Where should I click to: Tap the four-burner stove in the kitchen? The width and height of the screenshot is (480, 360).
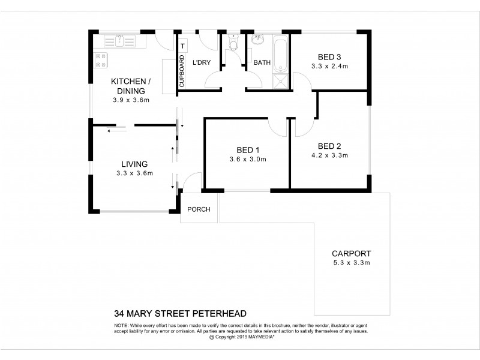click(100, 61)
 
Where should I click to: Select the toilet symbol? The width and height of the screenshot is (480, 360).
click(234, 44)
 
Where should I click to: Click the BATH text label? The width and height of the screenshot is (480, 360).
click(262, 62)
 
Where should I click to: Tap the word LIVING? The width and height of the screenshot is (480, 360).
click(134, 164)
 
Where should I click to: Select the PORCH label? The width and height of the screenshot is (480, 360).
click(198, 209)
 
